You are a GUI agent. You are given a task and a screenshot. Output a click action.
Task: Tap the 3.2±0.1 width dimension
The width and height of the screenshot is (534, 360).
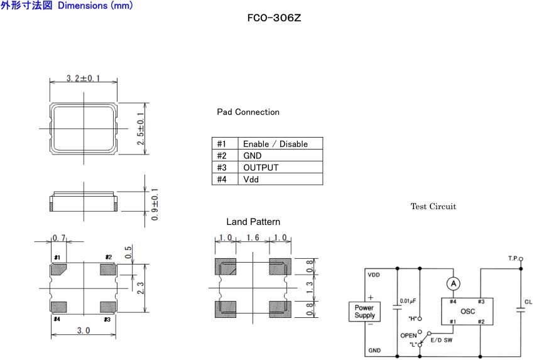pyautogui.click(x=84, y=79)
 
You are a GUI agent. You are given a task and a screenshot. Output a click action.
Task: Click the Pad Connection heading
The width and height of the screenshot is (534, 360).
pyautogui.click(x=248, y=112)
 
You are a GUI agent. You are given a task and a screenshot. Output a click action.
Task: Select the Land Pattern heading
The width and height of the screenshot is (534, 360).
pyautogui.click(x=253, y=222)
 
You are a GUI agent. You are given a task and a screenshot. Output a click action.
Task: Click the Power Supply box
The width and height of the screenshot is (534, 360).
pyautogui.click(x=364, y=312)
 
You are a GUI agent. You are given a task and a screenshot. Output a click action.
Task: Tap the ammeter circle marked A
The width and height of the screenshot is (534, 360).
pyautogui.click(x=453, y=285)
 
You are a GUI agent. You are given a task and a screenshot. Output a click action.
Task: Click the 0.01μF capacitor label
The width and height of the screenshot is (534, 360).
pyautogui.click(x=409, y=301)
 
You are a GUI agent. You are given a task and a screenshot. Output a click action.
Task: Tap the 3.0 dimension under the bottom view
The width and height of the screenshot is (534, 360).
pyautogui.click(x=83, y=330)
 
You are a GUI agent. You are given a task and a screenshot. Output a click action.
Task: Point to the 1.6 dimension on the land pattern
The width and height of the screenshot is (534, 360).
pyautogui.click(x=253, y=239)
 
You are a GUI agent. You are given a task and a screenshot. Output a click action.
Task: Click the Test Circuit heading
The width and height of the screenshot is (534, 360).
pyautogui.click(x=433, y=207)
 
